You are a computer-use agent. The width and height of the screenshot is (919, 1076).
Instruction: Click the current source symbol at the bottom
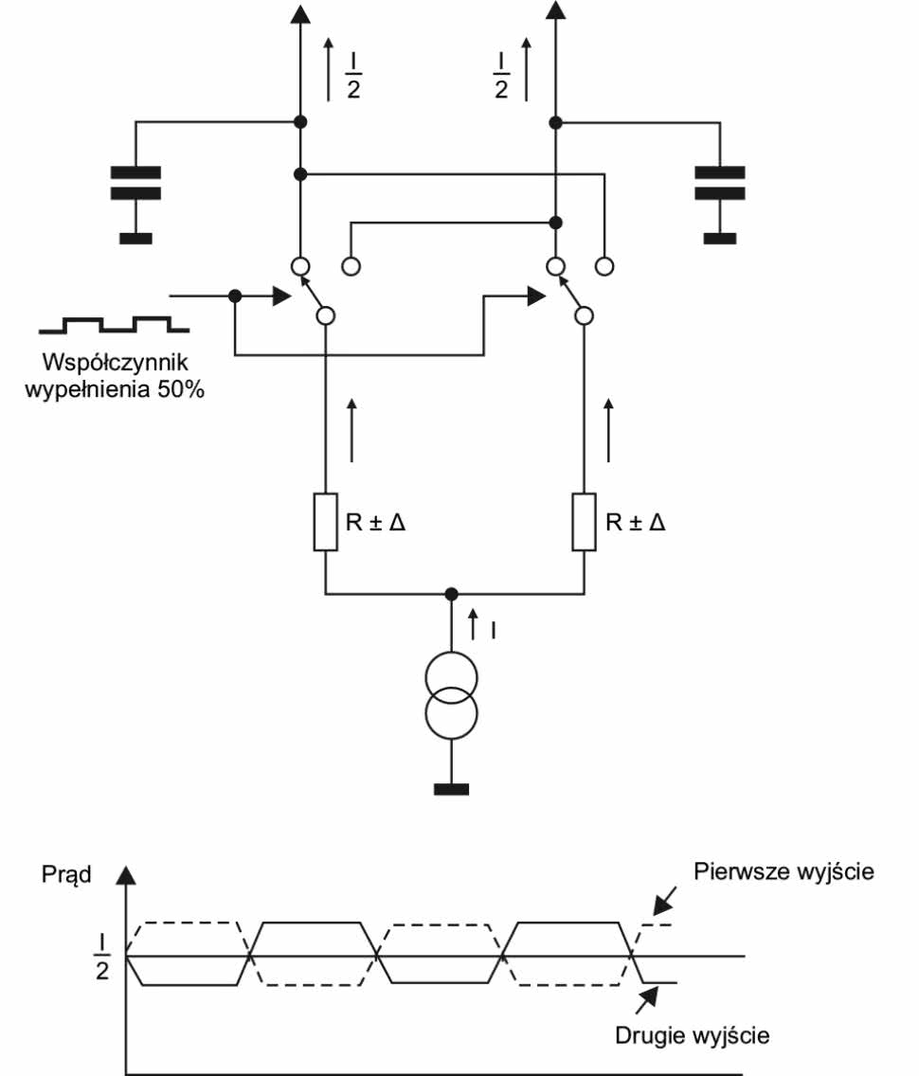click(x=451, y=694)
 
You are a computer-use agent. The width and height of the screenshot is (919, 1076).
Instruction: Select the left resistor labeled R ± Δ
click(x=325, y=521)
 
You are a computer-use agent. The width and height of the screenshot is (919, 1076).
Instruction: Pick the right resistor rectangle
click(x=584, y=521)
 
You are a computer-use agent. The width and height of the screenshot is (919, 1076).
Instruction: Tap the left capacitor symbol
click(x=135, y=183)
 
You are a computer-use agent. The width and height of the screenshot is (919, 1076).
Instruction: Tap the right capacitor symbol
click(x=720, y=183)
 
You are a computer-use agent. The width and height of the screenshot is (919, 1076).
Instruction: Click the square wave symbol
click(x=114, y=325)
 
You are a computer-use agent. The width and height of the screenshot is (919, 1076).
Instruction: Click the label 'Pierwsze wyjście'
click(x=783, y=870)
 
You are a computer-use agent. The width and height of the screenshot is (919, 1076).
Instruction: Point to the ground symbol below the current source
click(x=451, y=789)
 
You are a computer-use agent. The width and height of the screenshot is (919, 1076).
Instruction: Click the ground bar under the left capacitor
click(x=135, y=238)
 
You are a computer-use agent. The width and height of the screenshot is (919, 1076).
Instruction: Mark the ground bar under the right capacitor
click(x=720, y=238)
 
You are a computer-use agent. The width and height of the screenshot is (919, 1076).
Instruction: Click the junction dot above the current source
click(x=451, y=594)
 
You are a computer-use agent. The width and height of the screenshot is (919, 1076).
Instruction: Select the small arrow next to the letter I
click(x=475, y=624)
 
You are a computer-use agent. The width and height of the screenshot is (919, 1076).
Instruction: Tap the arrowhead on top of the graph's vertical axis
click(x=125, y=877)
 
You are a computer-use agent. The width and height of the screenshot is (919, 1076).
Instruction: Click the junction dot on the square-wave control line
click(x=235, y=296)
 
